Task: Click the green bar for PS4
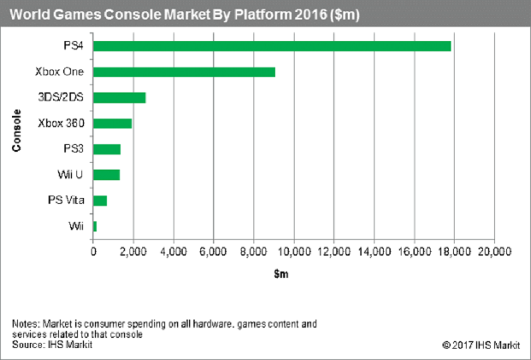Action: pos(272,46)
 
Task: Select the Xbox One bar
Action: pos(184,71)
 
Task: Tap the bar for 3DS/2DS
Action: pos(119,97)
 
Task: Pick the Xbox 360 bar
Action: pos(113,123)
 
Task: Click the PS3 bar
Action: pos(107,149)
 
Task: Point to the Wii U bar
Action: pos(106,175)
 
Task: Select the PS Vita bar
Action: pos(100,201)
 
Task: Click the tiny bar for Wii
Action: pos(95,227)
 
